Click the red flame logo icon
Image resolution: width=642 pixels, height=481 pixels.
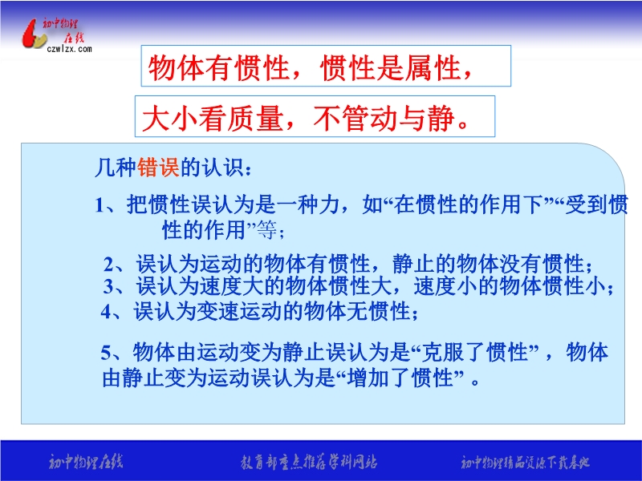pyautogui.click(x=34, y=34)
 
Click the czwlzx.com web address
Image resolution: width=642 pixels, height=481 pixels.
pyautogui.click(x=69, y=49)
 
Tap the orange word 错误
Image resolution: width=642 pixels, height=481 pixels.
pyautogui.click(x=158, y=168)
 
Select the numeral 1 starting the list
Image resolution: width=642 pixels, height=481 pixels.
pyautogui.click(x=100, y=205)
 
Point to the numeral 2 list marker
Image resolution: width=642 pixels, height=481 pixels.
pyautogui.click(x=109, y=265)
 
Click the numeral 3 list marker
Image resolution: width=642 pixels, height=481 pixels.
pyautogui.click(x=108, y=286)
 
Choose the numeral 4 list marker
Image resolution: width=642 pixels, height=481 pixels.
pyautogui.click(x=107, y=312)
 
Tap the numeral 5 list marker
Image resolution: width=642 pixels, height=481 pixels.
pyautogui.click(x=106, y=352)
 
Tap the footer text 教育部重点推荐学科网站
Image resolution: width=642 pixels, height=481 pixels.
pyautogui.click(x=309, y=463)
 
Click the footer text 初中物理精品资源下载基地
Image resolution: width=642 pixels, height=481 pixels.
pyautogui.click(x=525, y=463)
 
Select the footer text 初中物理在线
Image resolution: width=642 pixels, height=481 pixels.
pyautogui.click(x=85, y=463)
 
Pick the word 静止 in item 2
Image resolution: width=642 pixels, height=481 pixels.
pyautogui.click(x=413, y=265)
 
